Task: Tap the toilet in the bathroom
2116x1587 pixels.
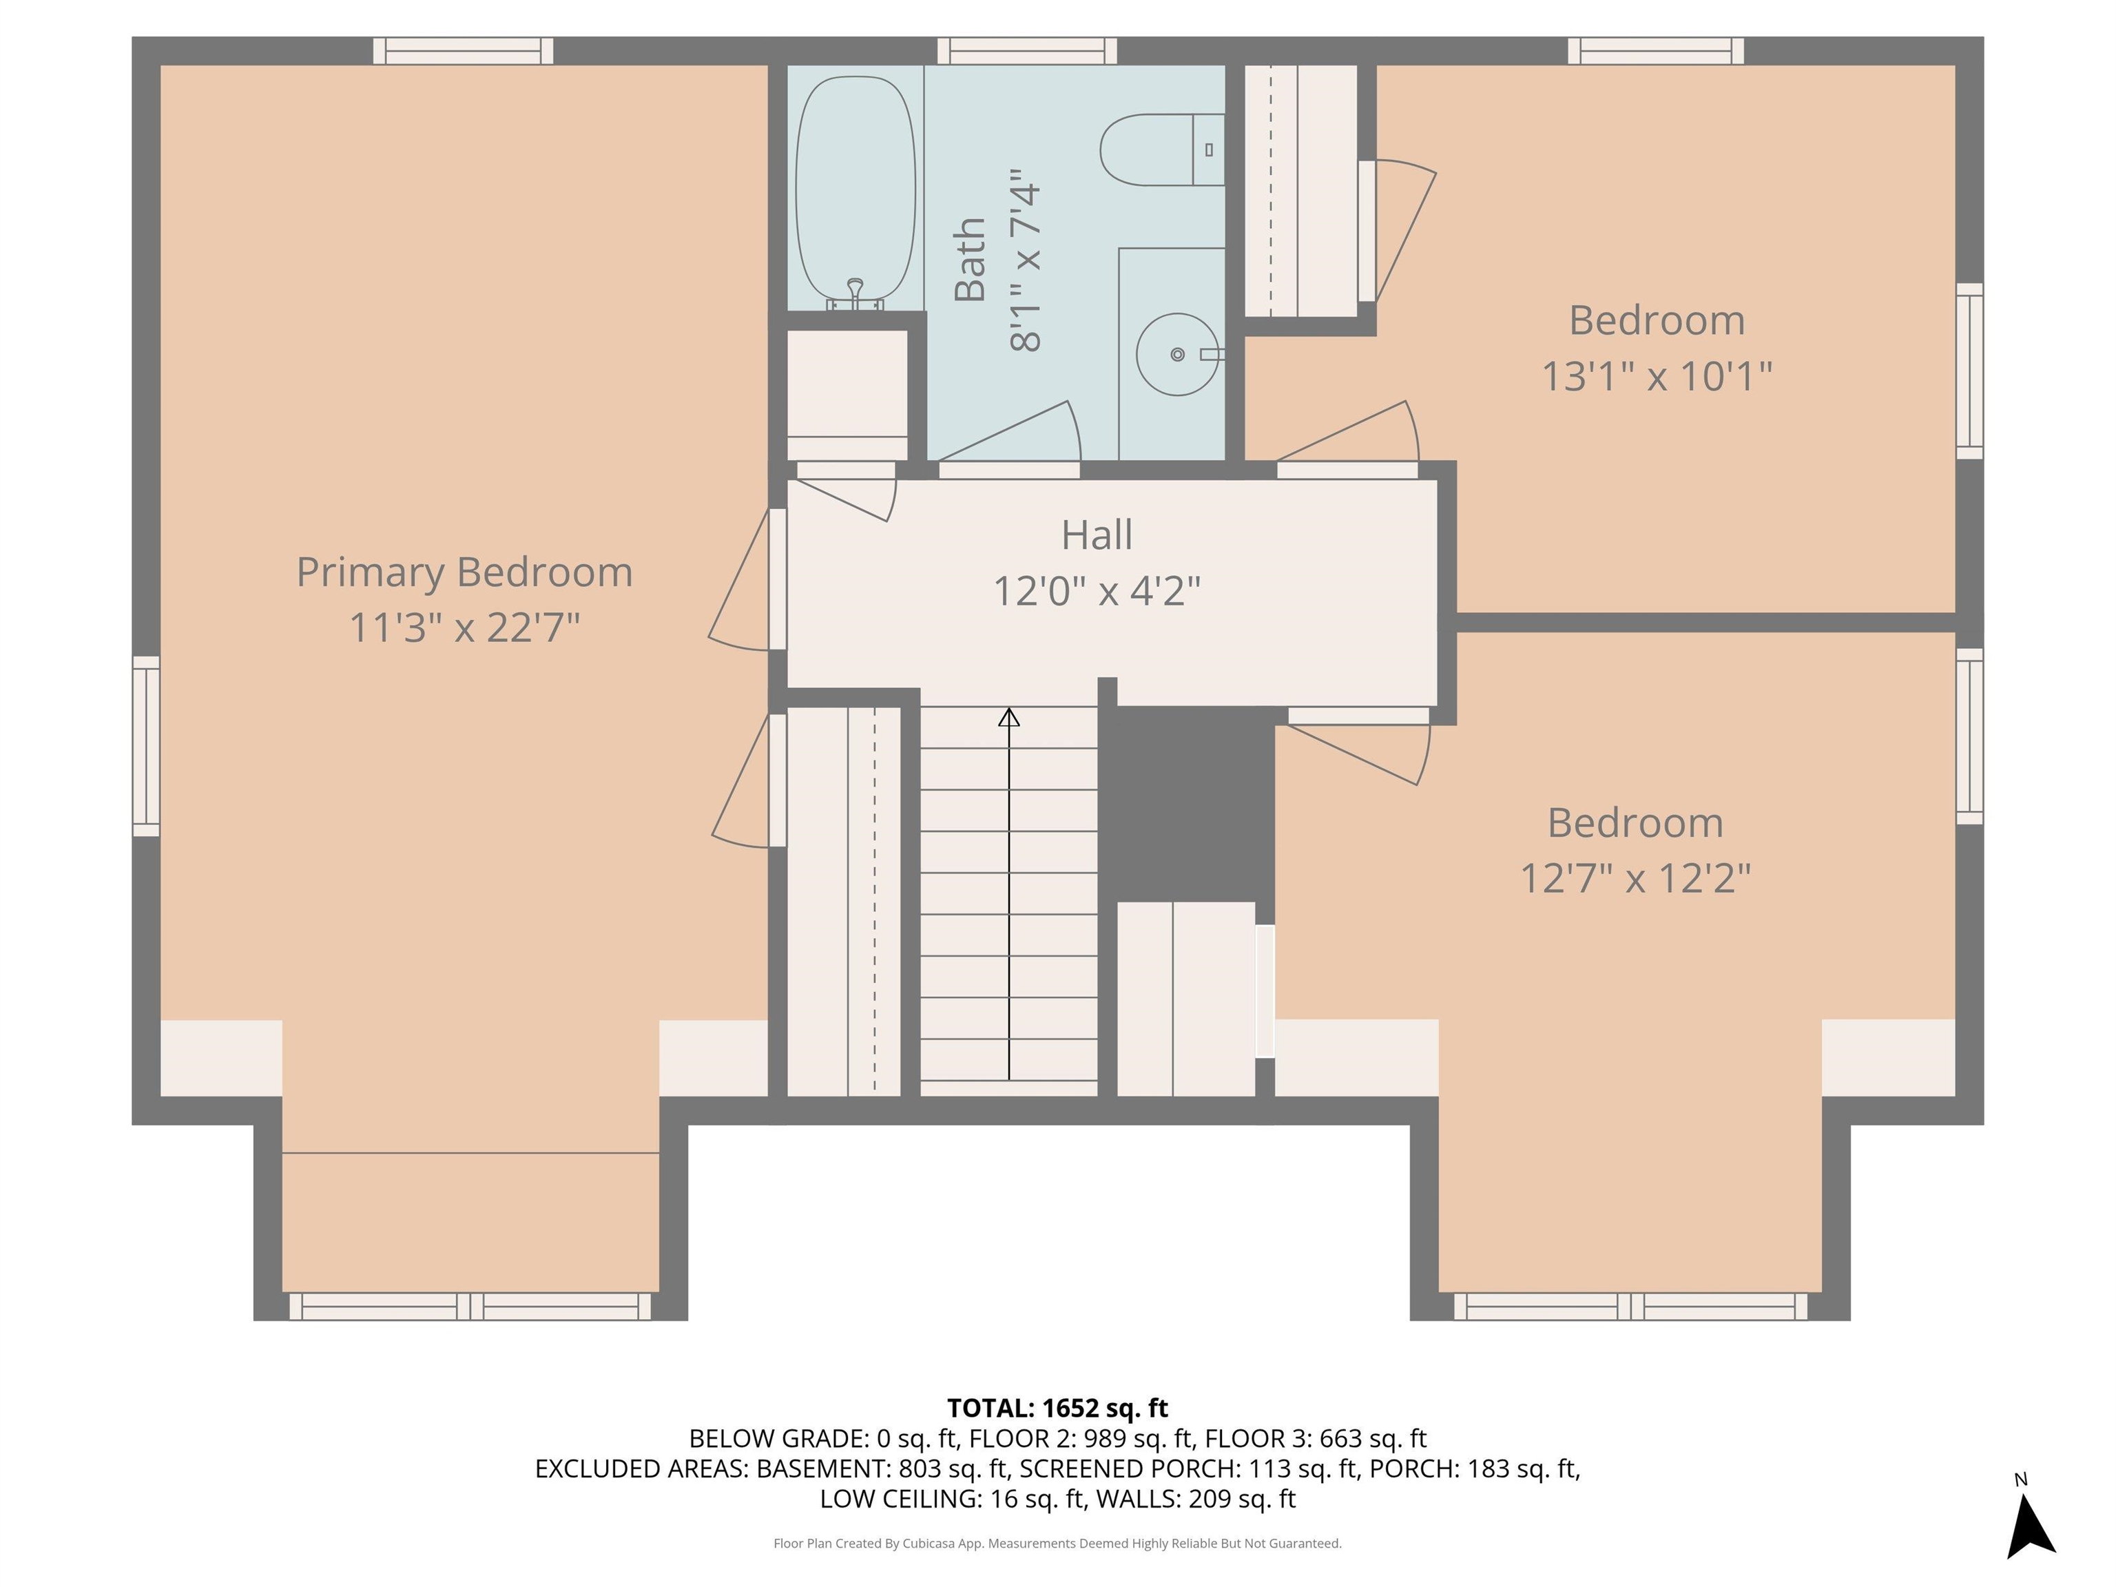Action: point(1161,149)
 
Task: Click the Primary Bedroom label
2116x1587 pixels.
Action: point(465,572)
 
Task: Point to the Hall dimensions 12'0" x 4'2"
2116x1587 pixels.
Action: point(1097,591)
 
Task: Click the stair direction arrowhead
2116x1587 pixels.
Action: point(1009,716)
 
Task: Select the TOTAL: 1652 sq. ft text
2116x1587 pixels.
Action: point(1057,1408)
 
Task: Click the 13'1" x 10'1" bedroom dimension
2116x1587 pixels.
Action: point(1657,376)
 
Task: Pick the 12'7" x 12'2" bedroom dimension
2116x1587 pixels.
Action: point(1636,878)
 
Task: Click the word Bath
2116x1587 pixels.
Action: point(970,259)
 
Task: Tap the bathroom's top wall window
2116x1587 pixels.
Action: point(1026,51)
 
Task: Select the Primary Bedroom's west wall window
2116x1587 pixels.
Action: point(145,746)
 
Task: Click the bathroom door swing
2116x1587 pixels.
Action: point(1009,433)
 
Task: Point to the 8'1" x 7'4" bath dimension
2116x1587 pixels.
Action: point(1024,260)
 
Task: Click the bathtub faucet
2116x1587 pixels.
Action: point(855,293)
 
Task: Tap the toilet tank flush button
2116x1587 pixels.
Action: point(1209,149)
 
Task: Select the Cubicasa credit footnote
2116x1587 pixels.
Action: point(1057,1543)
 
